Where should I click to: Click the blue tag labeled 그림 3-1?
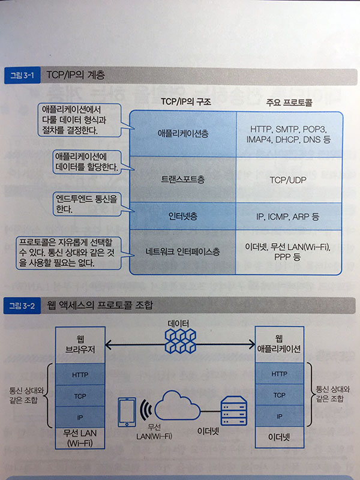click(22, 76)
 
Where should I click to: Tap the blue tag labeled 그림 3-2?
click(22, 305)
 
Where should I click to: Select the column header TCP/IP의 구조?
click(186, 101)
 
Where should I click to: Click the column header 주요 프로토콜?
click(289, 102)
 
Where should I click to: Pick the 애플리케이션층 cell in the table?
click(183, 134)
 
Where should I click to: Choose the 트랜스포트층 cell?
click(183, 179)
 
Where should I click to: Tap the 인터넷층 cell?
click(183, 216)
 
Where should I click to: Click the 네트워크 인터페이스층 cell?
click(183, 252)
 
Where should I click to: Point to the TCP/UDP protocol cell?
click(289, 179)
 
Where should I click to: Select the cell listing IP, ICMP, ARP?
click(289, 216)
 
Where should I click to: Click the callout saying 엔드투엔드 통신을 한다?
click(86, 204)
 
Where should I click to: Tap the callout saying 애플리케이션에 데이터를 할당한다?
click(86, 162)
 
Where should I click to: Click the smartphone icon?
click(127, 412)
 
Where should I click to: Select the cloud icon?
click(177, 406)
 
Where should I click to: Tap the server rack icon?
click(234, 410)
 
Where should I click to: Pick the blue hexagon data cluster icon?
click(180, 341)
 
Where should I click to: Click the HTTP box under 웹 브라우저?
click(80, 374)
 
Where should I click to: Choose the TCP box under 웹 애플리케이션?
click(279, 395)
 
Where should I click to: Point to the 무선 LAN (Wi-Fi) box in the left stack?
click(80, 438)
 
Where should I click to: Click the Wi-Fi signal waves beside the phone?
click(146, 410)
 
